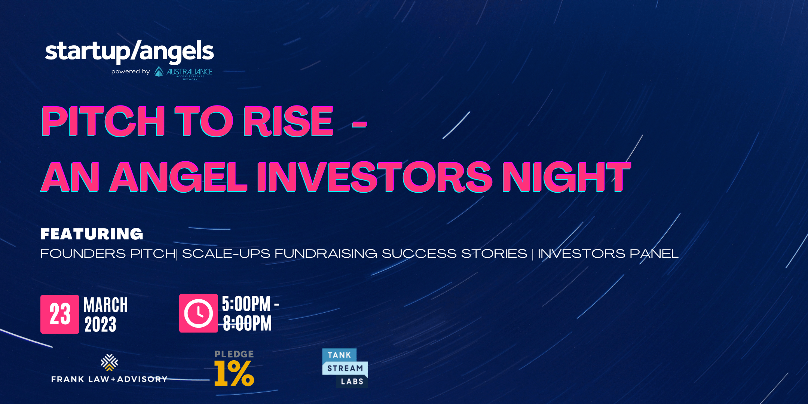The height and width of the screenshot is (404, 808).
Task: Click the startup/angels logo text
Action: pyautogui.click(x=129, y=51)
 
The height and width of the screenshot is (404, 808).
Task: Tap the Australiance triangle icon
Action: pyautogui.click(x=159, y=71)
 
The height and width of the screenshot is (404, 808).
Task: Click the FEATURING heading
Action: pyautogui.click(x=92, y=234)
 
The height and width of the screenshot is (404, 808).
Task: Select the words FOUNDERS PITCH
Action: pyautogui.click(x=108, y=254)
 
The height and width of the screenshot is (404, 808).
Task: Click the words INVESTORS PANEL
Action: pyautogui.click(x=608, y=254)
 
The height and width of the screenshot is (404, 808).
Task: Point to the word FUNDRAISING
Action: pyautogui.click(x=326, y=254)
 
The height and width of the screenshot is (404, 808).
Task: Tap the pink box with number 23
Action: pyautogui.click(x=60, y=314)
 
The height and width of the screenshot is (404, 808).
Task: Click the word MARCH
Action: pyautogui.click(x=106, y=305)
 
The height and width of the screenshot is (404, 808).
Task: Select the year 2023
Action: pyautogui.click(x=100, y=324)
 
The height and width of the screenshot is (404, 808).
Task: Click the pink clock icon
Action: pyautogui.click(x=198, y=313)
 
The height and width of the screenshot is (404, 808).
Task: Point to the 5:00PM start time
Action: pyautogui.click(x=246, y=304)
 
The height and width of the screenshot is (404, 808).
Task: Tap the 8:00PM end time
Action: pyautogui.click(x=247, y=323)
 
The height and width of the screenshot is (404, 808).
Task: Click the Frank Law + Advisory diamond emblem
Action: pyautogui.click(x=109, y=362)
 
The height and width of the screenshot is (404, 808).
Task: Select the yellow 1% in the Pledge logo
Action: pyautogui.click(x=234, y=373)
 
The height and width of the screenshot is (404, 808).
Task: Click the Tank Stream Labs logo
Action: pyautogui.click(x=345, y=368)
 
